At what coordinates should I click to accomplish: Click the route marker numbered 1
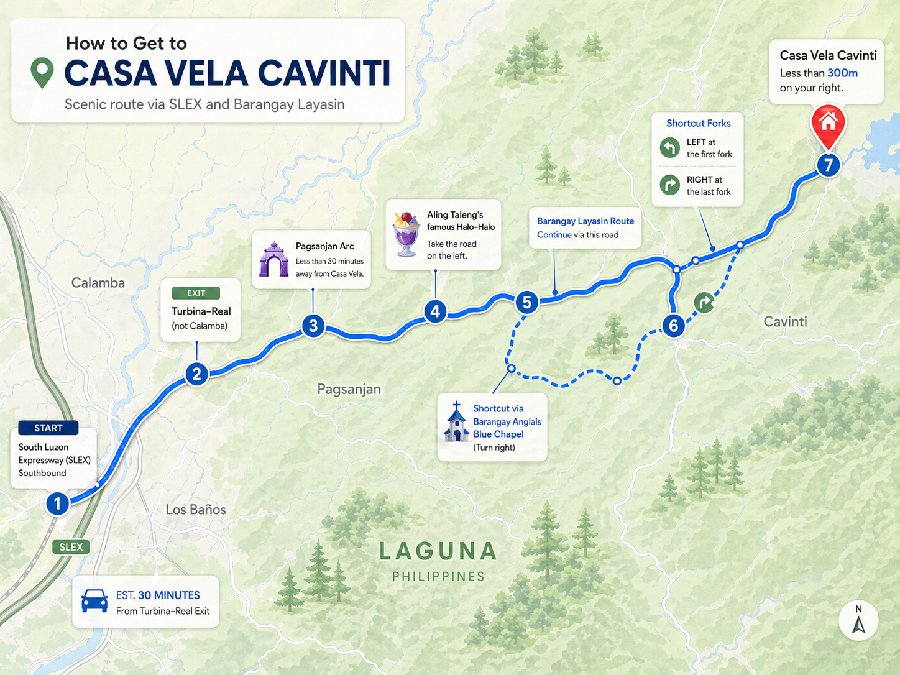57,503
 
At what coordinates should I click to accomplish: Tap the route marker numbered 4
435,311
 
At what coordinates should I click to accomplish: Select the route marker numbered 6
673,325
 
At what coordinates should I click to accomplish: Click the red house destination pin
828,122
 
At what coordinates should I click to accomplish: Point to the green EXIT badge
196,293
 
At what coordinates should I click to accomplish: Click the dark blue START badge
48,428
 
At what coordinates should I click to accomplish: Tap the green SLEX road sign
71,547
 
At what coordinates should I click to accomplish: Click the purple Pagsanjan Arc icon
273,259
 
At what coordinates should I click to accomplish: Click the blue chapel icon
456,422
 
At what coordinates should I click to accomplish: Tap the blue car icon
94,600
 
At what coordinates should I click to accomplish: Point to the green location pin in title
42,72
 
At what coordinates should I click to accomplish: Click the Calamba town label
98,283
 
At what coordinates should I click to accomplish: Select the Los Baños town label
196,510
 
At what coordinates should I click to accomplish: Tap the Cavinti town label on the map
785,321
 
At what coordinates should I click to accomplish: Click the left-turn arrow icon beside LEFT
669,148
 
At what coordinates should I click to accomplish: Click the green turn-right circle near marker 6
704,303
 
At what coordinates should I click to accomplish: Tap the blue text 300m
842,73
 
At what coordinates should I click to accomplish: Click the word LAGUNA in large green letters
438,551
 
